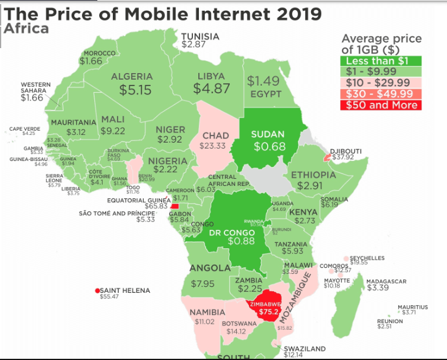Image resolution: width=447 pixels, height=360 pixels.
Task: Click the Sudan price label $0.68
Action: click(269, 147)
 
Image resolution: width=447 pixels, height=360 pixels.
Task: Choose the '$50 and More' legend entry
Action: click(379, 105)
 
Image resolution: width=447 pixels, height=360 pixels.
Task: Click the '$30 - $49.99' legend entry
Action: click(379, 94)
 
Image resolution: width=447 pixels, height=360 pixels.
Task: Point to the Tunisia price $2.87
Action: click(194, 45)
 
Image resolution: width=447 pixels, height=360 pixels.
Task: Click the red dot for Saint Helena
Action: click(97, 291)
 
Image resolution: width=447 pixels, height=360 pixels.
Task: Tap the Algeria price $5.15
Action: click(135, 90)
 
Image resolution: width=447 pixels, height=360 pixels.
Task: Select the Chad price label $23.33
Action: click(213, 146)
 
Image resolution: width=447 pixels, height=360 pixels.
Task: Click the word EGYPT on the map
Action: click(265, 94)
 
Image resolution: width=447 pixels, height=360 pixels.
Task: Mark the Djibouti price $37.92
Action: click(343, 158)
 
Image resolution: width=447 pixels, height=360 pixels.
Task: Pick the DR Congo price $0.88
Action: click(241, 241)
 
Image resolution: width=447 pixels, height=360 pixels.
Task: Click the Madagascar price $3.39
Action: click(378, 288)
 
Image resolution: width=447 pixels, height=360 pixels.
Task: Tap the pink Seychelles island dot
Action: click(346, 259)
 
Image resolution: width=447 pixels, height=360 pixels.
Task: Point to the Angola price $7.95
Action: click(202, 284)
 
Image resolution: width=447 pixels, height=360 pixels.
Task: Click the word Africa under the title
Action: click(26, 29)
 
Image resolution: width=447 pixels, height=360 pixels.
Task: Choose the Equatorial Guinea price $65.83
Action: click(156, 206)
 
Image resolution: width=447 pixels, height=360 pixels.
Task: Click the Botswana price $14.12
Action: click(236, 331)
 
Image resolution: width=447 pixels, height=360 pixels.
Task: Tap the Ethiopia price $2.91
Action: click(310, 186)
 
